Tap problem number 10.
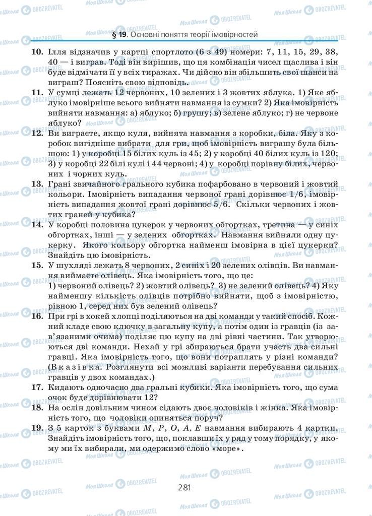point(37,52)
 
